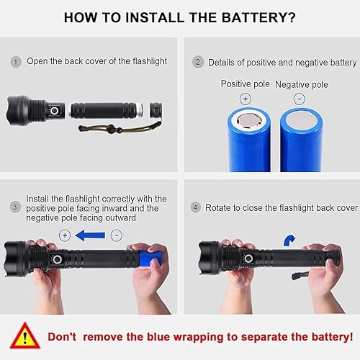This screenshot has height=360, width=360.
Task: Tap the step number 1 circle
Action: (16, 62)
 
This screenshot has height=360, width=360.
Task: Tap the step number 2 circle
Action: (197, 63)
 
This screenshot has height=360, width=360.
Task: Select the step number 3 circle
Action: (16, 207)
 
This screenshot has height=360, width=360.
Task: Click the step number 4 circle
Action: (197, 207)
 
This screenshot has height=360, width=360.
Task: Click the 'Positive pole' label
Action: (245, 84)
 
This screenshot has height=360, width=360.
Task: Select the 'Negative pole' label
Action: (301, 84)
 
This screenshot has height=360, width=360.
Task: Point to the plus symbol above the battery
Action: (245, 98)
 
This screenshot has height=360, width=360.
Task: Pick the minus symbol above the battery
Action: (300, 98)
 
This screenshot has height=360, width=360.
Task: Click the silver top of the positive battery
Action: (247, 117)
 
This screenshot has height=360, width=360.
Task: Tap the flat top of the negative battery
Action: (300, 117)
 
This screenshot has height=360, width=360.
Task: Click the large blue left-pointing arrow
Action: (89, 235)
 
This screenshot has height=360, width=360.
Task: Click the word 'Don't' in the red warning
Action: (68, 336)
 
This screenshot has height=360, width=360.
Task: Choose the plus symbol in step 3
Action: (64, 235)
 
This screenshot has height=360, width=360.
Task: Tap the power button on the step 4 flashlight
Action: (248, 258)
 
